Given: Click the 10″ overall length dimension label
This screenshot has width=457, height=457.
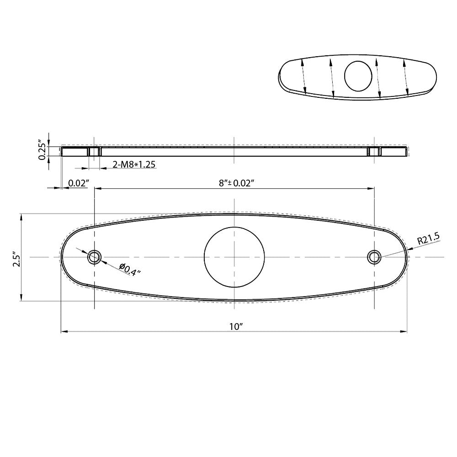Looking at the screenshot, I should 235,326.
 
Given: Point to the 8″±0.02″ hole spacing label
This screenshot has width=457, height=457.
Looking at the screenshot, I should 236,183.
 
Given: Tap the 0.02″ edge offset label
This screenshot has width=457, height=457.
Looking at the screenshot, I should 78,183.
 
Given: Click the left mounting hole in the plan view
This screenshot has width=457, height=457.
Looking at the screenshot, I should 94,257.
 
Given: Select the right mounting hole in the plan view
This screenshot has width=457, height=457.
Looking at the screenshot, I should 375,257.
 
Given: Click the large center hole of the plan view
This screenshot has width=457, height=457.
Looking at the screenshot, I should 234,257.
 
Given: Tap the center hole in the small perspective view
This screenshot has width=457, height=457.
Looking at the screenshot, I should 359,75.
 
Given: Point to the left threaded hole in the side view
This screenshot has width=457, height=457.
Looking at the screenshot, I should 94,151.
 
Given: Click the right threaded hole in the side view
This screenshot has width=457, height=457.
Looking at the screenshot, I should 375,151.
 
